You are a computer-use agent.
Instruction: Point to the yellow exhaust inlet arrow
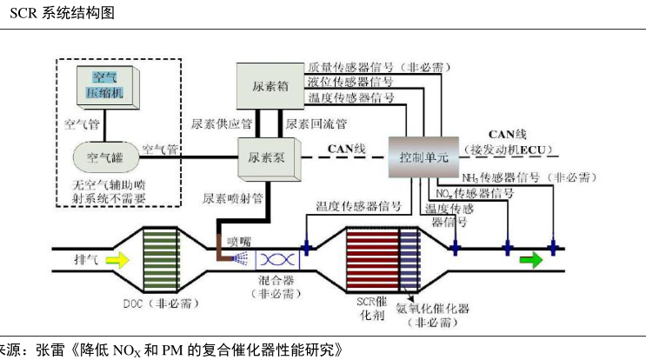click(x=117, y=258)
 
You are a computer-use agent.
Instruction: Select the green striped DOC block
click(x=159, y=258)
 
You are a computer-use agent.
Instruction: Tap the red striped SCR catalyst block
click(x=371, y=258)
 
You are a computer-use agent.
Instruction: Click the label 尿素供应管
click(x=222, y=123)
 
